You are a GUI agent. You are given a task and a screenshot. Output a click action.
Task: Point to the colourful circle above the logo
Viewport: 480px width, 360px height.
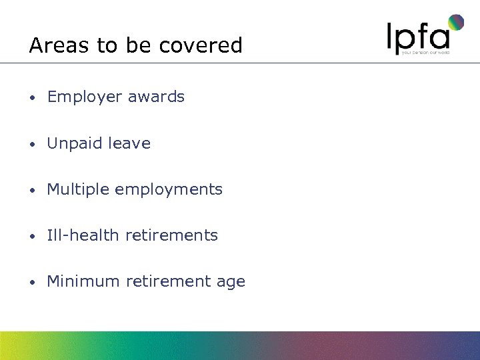click(456, 23)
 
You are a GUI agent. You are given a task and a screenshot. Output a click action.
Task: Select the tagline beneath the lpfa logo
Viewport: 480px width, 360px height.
click(430, 52)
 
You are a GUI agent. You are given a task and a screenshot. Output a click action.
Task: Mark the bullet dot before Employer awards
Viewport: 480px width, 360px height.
click(32, 98)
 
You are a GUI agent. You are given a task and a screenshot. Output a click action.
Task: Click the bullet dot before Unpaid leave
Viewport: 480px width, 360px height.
click(32, 144)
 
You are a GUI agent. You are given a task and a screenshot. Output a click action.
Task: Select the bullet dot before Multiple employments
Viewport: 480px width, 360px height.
click(32, 190)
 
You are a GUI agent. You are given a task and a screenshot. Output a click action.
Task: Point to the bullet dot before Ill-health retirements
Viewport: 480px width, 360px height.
click(32, 236)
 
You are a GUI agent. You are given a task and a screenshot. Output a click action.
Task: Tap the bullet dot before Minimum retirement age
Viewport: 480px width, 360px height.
click(32, 282)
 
